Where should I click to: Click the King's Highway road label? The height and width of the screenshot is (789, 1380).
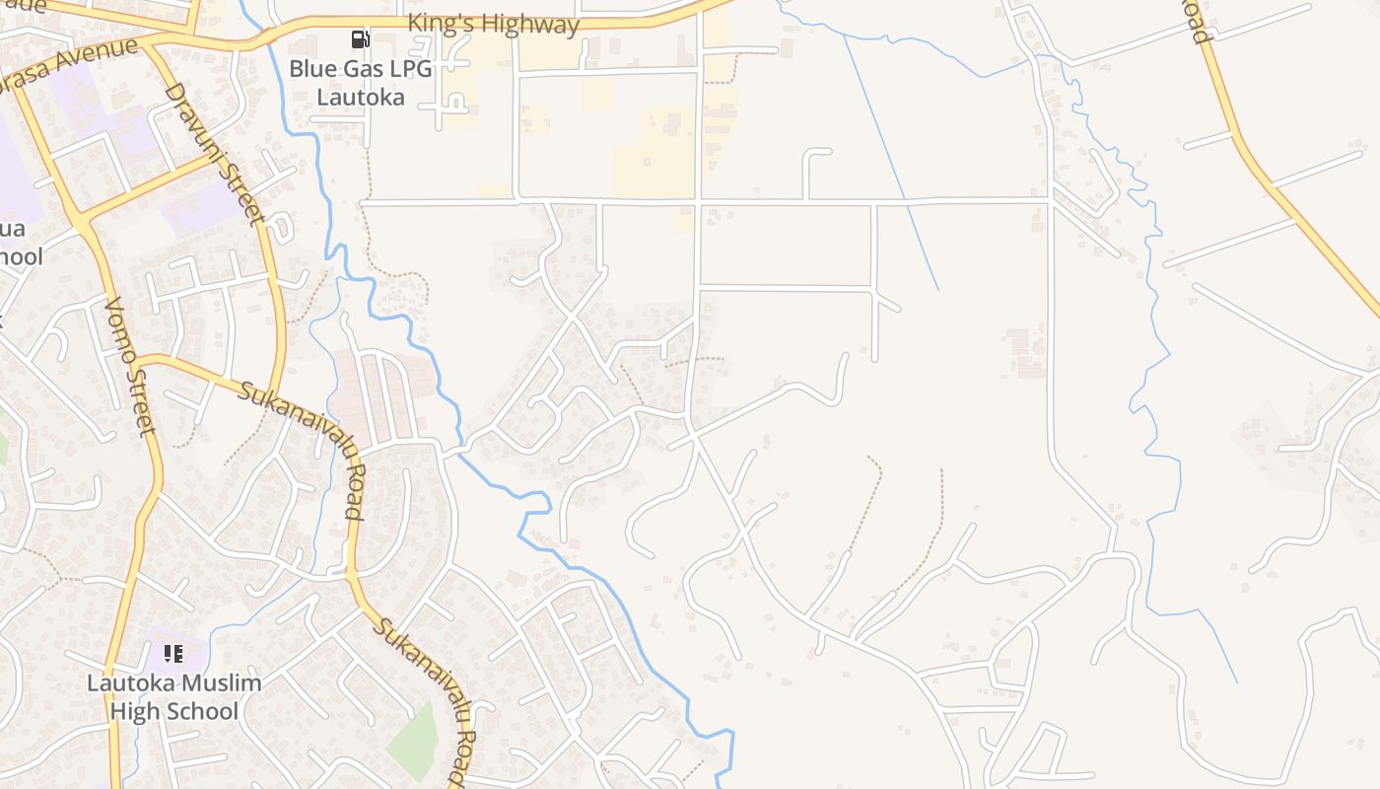(493, 24)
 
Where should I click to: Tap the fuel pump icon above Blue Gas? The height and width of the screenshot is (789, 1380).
(361, 40)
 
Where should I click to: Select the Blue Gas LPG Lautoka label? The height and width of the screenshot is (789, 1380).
(360, 83)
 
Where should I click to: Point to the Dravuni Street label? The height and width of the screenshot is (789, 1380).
(216, 154)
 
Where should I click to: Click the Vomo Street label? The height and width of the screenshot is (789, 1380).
(129, 365)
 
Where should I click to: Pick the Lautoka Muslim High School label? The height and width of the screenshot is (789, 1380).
(174, 696)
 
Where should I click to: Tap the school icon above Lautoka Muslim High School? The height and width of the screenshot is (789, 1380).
(173, 653)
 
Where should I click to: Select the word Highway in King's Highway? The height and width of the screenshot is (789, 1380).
(533, 24)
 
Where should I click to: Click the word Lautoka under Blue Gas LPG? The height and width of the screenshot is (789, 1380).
(360, 97)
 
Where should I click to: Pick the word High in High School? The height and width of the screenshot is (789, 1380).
(134, 711)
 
